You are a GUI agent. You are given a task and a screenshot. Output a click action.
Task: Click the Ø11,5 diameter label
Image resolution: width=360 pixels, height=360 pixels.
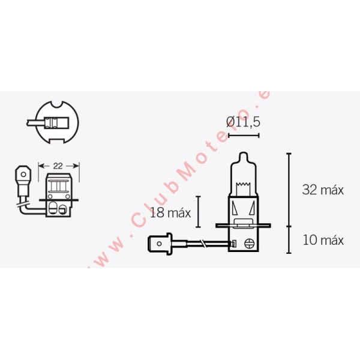tap(243, 122)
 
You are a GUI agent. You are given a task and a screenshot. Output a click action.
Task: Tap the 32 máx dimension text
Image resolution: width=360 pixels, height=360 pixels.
tap(323, 190)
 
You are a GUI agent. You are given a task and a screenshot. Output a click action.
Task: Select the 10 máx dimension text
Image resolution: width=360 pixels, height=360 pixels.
tap(323, 240)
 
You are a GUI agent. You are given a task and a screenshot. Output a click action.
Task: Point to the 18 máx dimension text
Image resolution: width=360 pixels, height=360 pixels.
tap(170, 213)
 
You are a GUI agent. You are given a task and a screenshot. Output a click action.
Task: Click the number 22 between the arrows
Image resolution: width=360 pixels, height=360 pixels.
tap(58, 166)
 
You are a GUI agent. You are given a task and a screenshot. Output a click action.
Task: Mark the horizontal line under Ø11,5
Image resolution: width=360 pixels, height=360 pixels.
tap(244, 136)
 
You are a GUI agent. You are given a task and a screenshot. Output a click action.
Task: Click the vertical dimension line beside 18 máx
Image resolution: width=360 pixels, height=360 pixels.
tap(198, 212)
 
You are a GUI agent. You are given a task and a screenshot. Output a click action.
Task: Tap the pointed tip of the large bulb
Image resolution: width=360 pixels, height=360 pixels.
tap(243, 153)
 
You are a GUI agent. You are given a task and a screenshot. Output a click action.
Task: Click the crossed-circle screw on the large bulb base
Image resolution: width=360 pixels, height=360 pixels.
tap(249, 244)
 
